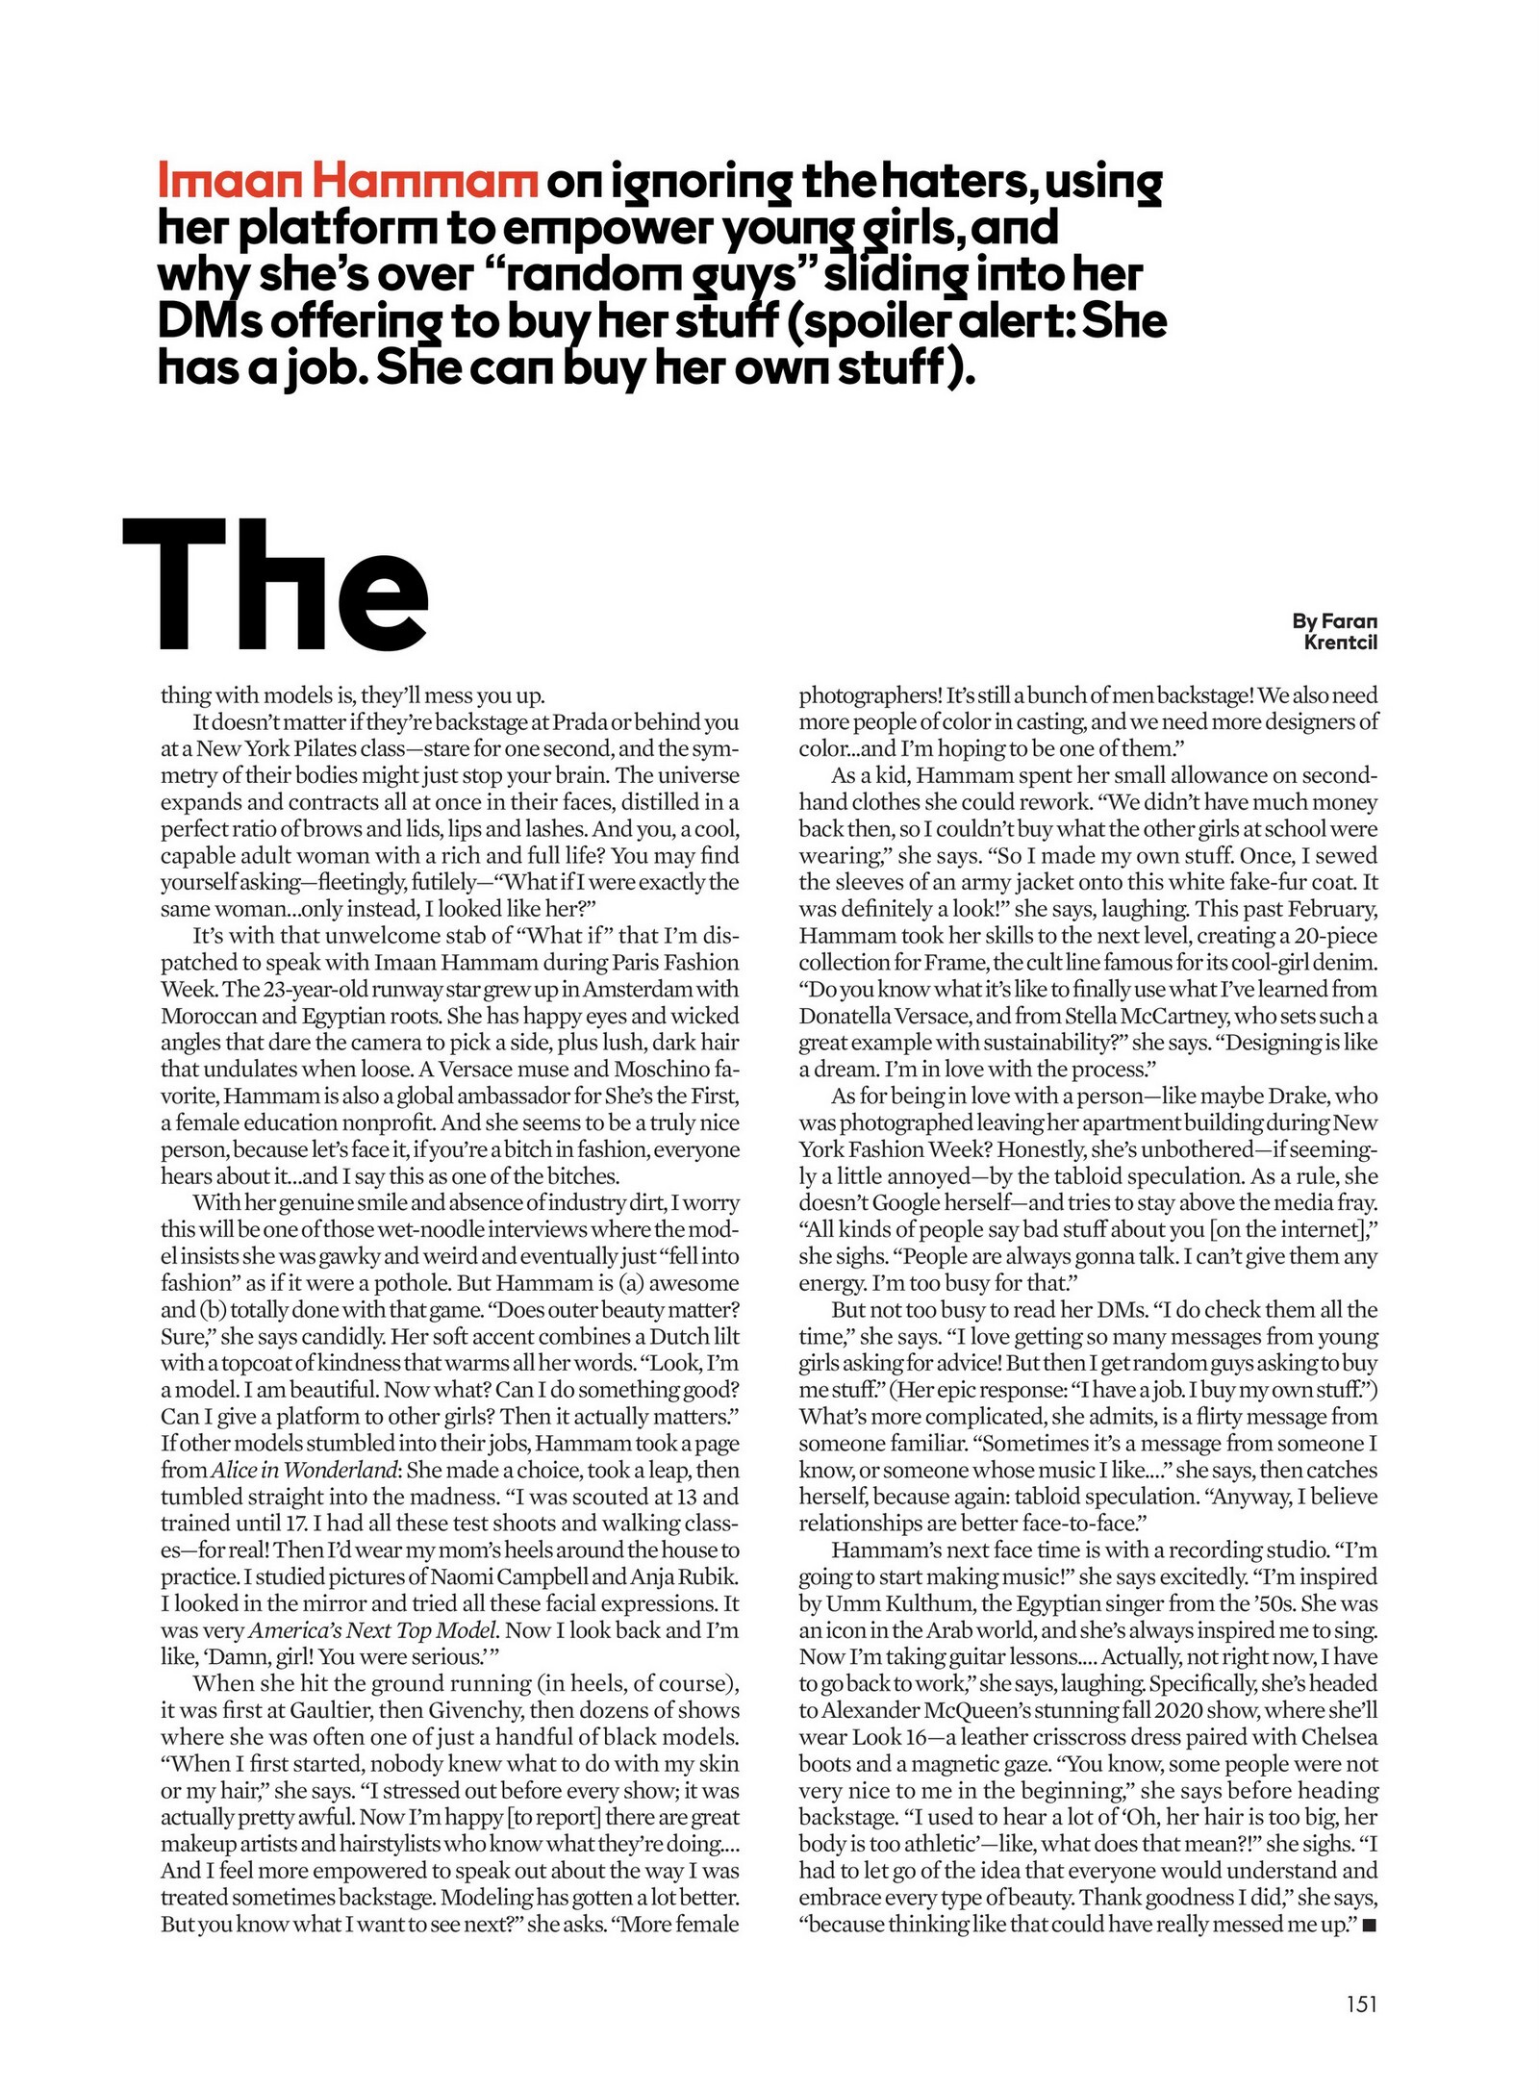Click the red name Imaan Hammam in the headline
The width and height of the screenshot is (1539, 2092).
tap(346, 182)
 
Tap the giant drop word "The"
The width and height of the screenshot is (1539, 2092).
tap(276, 586)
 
